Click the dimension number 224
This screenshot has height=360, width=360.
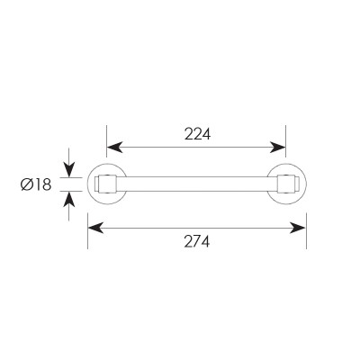tap(197, 134)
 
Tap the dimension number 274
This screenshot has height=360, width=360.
tap(197, 241)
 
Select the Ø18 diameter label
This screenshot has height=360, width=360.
tap(36, 184)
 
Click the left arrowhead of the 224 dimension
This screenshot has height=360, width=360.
tap(114, 147)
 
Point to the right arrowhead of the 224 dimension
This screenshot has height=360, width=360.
tap(277, 147)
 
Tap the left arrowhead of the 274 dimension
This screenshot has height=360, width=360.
tap(96, 228)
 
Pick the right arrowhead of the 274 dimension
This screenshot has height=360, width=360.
tap(298, 228)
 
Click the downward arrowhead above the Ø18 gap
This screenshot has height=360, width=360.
tap(69, 169)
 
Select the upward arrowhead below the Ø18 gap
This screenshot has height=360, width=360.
tap(69, 199)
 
